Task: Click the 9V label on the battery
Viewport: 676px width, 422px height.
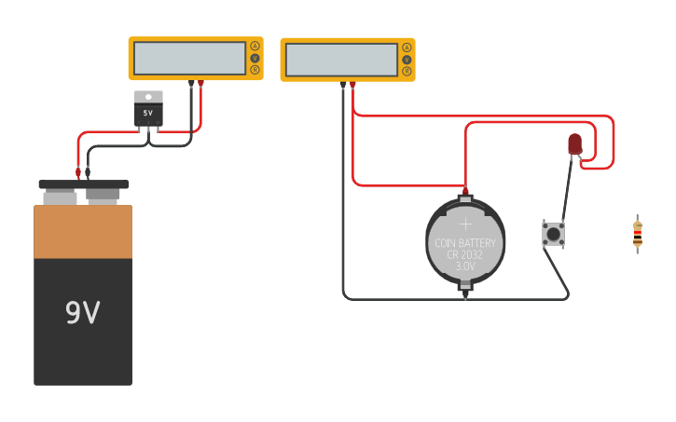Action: (82, 313)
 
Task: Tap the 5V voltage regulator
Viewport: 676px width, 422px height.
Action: (148, 109)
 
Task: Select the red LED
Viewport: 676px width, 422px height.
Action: (575, 143)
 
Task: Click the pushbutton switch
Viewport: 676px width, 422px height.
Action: (553, 234)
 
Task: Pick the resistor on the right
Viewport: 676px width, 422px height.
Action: (637, 233)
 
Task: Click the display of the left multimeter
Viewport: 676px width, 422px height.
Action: (189, 58)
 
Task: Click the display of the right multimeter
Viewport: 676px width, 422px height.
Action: (341, 60)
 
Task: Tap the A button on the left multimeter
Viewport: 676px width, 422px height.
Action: (255, 47)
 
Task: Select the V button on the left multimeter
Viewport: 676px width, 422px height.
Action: (255, 58)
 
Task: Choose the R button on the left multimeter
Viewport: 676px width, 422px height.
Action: (255, 69)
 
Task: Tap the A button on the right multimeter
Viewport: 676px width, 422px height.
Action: (407, 48)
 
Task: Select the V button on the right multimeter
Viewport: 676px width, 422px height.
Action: (407, 60)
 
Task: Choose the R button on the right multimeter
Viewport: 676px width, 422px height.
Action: (407, 71)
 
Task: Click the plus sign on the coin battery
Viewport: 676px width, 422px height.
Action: (465, 224)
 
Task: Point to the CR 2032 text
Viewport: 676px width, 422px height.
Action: (465, 254)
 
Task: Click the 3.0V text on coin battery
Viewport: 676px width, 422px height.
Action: (465, 266)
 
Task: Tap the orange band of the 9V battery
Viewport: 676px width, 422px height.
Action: (83, 232)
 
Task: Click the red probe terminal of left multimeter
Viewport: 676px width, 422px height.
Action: (200, 84)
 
